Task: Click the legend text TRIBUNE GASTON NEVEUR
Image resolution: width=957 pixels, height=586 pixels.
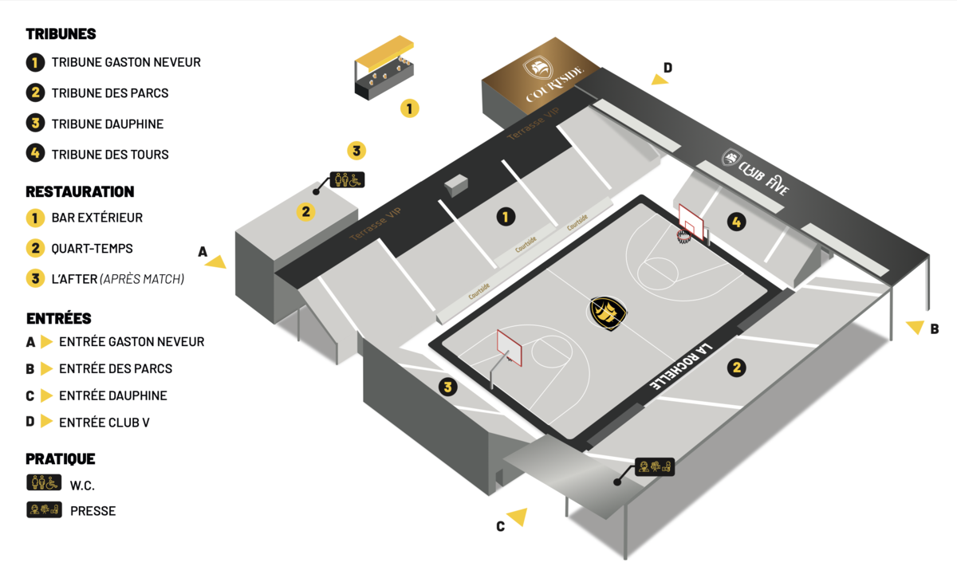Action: (x=126, y=62)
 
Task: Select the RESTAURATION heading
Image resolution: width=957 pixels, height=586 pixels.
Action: (x=80, y=192)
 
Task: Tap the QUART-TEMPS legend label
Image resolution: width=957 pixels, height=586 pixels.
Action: (x=92, y=249)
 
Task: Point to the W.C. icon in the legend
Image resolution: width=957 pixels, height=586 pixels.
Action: (x=44, y=482)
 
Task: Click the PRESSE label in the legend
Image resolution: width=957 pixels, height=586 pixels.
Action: (x=93, y=511)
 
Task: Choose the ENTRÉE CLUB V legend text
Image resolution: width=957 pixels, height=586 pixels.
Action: (x=104, y=423)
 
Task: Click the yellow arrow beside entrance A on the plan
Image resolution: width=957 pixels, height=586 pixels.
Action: (x=217, y=262)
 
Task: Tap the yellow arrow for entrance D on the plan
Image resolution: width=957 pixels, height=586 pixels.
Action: (x=660, y=80)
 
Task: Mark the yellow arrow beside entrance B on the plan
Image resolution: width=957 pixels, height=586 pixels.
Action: (x=916, y=327)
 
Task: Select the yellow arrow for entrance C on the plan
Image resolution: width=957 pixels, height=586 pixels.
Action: (x=518, y=517)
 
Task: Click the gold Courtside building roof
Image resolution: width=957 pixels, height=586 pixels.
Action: (x=542, y=76)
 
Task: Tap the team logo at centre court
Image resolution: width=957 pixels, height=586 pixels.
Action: (x=608, y=313)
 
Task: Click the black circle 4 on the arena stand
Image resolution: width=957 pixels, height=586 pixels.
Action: (x=737, y=222)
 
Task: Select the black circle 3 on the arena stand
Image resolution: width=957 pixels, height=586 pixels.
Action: (x=447, y=387)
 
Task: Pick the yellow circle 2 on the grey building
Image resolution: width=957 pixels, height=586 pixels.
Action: (x=306, y=212)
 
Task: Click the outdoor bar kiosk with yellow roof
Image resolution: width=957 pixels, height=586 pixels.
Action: (x=384, y=68)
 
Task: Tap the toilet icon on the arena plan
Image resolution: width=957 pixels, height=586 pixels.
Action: (x=348, y=180)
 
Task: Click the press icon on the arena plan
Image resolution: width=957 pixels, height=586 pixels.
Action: (x=655, y=467)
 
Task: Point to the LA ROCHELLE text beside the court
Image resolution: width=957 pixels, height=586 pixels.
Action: (x=681, y=367)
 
